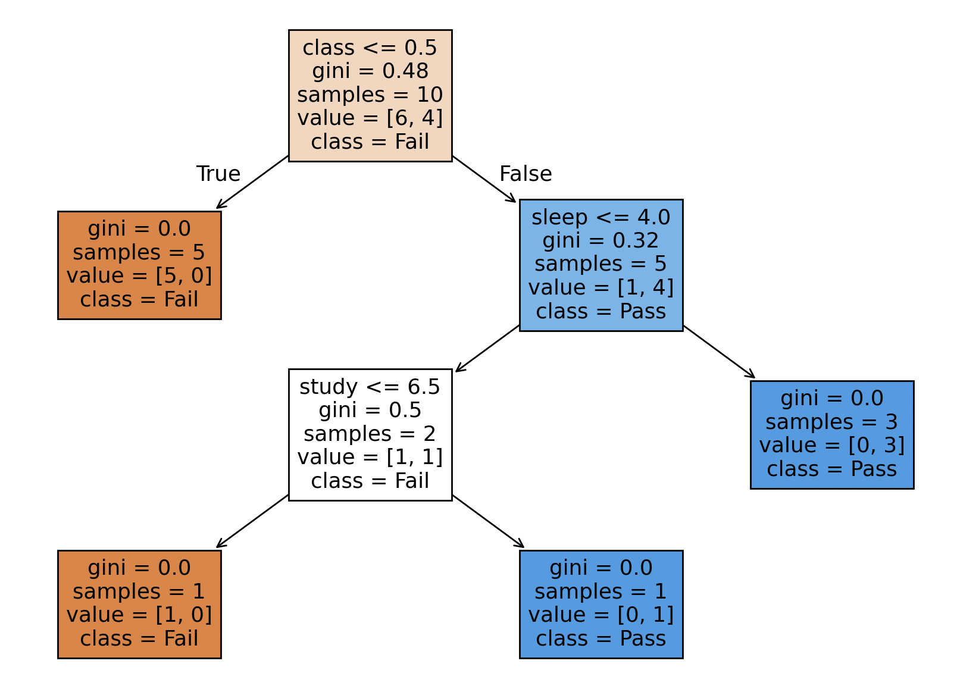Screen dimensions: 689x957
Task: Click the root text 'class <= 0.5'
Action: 370,48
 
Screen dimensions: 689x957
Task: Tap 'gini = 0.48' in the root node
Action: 370,71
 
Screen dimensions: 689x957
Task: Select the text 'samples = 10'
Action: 370,95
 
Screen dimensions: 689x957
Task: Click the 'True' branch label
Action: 218,174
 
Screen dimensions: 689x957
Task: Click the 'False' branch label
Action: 526,174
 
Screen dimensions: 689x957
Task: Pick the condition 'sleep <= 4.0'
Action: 601,217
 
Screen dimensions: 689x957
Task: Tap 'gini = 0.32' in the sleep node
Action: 601,240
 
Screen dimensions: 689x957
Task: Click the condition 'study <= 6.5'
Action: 370,387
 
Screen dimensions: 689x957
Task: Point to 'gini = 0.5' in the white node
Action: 370,410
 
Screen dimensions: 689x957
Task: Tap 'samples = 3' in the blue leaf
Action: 831,422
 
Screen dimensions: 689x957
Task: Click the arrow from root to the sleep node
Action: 484,179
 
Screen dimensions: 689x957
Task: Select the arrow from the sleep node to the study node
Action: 487,348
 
